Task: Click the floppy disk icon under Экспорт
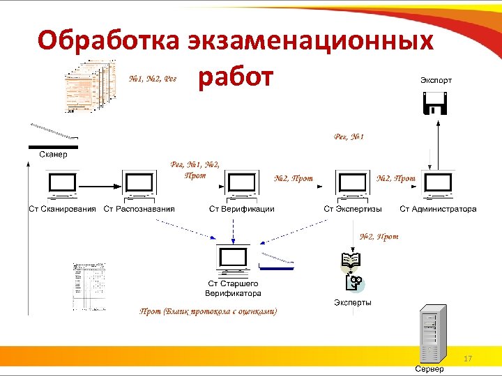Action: [436, 105]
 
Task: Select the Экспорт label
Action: [436, 80]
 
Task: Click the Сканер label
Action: [54, 155]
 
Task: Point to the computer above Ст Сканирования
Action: [61, 185]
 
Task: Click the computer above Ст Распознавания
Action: [138, 185]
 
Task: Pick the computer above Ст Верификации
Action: [241, 185]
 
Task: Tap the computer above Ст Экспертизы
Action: [352, 185]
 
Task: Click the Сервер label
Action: [429, 369]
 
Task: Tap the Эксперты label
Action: [353, 302]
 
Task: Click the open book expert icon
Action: [351, 262]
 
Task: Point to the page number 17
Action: [468, 359]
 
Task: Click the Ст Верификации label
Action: [242, 209]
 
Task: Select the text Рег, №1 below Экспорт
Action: [349, 137]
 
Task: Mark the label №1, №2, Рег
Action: [153, 79]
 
